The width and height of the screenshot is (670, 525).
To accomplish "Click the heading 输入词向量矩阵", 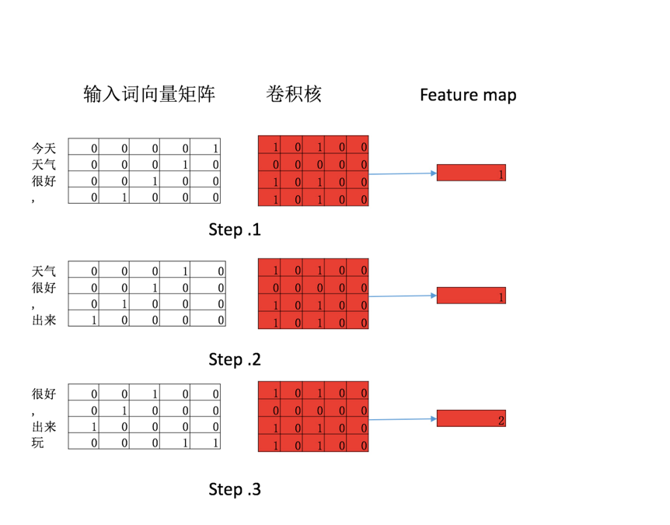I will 149,95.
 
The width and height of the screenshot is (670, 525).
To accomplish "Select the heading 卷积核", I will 293,95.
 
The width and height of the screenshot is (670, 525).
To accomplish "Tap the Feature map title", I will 468,95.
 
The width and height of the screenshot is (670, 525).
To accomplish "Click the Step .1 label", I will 235,229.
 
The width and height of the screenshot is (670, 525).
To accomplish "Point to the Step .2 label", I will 235,359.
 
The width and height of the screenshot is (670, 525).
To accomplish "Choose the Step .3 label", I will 235,489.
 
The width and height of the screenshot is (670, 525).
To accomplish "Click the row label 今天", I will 44,147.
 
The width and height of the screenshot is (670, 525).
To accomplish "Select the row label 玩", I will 37,443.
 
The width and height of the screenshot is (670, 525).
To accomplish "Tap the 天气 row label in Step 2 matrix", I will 44,271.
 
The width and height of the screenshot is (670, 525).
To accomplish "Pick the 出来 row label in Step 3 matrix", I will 44,427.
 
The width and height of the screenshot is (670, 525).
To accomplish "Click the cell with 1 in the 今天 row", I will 207,147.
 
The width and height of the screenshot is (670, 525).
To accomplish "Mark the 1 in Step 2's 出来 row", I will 83,320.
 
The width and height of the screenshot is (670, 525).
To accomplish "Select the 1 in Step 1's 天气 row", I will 176,164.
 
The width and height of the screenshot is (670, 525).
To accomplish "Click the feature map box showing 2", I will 471,418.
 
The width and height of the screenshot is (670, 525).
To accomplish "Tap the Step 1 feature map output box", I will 471,173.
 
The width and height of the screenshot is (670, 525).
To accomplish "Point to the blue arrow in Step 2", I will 403,296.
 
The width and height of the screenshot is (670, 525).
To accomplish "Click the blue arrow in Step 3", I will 403,419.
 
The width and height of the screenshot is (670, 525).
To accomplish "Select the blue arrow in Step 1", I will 403,173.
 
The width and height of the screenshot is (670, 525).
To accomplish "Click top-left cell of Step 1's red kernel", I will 269,145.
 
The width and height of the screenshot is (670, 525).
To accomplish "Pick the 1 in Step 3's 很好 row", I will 145,394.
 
